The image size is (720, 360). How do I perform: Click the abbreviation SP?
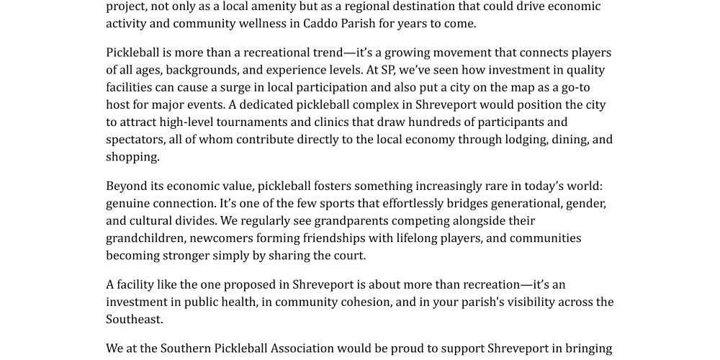[x=389, y=70]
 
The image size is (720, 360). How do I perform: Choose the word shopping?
[x=132, y=156]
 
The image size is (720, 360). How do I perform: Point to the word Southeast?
[x=134, y=319]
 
